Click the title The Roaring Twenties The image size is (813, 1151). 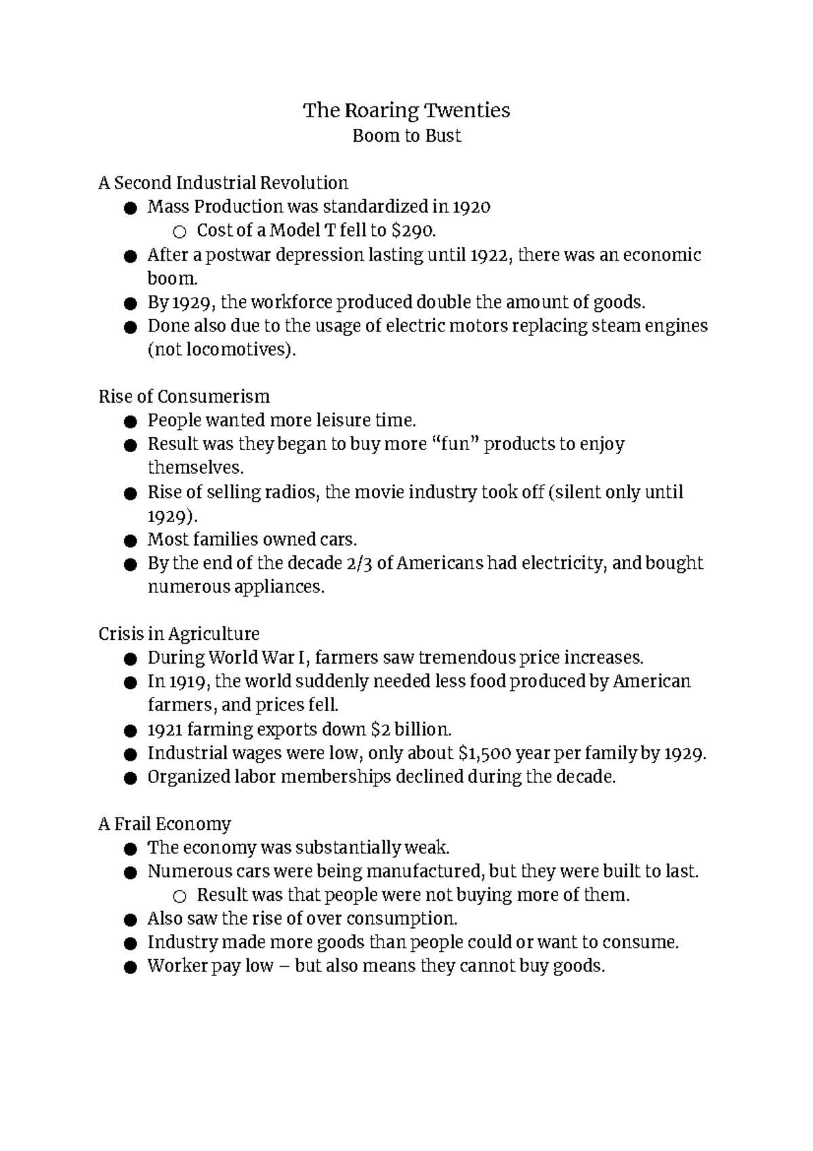(x=406, y=110)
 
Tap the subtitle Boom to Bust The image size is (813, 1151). (x=406, y=136)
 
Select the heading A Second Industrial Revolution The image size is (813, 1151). (x=223, y=183)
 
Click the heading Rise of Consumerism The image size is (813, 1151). (x=184, y=397)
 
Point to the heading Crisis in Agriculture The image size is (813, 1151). (x=179, y=634)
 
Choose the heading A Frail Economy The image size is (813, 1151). (x=165, y=824)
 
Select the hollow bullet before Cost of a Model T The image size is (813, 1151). (x=179, y=232)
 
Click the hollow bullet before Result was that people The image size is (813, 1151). (x=179, y=896)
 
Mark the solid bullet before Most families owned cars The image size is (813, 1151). (x=130, y=541)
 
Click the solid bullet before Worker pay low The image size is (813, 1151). (x=130, y=967)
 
